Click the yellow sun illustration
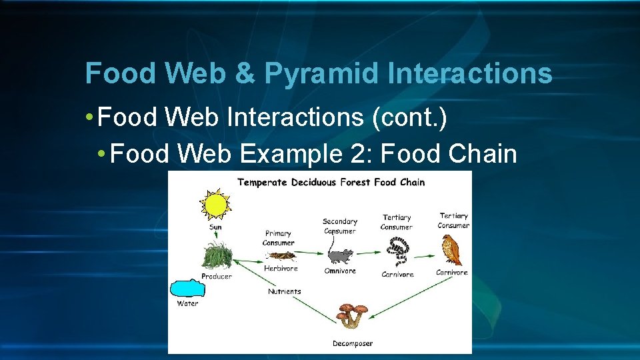point(216,205)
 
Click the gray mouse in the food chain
point(340,256)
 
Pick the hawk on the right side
point(451,251)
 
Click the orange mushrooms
point(351,315)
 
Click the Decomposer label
point(353,343)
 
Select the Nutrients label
point(285,291)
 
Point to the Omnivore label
point(340,271)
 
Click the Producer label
point(217,276)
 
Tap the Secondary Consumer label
point(340,226)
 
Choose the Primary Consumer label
point(279,238)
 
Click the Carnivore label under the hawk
point(452,272)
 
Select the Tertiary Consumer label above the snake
point(397,222)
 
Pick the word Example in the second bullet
point(289,154)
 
